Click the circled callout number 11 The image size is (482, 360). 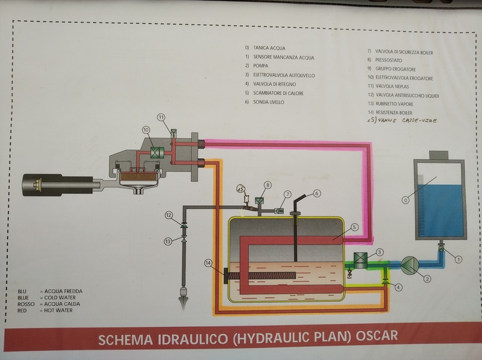point(161,117)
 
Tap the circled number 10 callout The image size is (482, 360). point(146,130)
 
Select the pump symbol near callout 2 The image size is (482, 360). point(410,265)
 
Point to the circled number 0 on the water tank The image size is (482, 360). point(405,200)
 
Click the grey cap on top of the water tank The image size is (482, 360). point(439,155)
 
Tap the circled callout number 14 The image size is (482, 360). point(208,263)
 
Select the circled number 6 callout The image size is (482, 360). point(317,193)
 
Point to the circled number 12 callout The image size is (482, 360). point(169,216)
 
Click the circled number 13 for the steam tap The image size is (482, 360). point(167,241)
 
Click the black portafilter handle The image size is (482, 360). point(58,185)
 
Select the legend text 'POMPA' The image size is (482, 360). point(261,66)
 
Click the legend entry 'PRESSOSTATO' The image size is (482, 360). point(389,60)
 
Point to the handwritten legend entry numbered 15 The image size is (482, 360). point(402,120)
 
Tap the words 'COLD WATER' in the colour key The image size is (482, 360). point(60,297)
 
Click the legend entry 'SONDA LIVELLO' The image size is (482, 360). point(269,102)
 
